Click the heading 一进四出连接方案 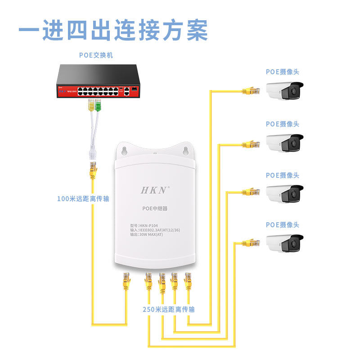113,30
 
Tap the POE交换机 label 96,55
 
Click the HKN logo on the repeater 154,190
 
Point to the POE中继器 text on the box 154,209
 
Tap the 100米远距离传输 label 83,198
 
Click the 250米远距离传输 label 169,310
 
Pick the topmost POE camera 284,90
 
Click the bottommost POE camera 284,243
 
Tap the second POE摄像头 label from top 282,124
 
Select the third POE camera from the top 284,193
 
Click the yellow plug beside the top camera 252,90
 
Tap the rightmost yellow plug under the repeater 188,282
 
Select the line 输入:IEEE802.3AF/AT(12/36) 155,230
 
